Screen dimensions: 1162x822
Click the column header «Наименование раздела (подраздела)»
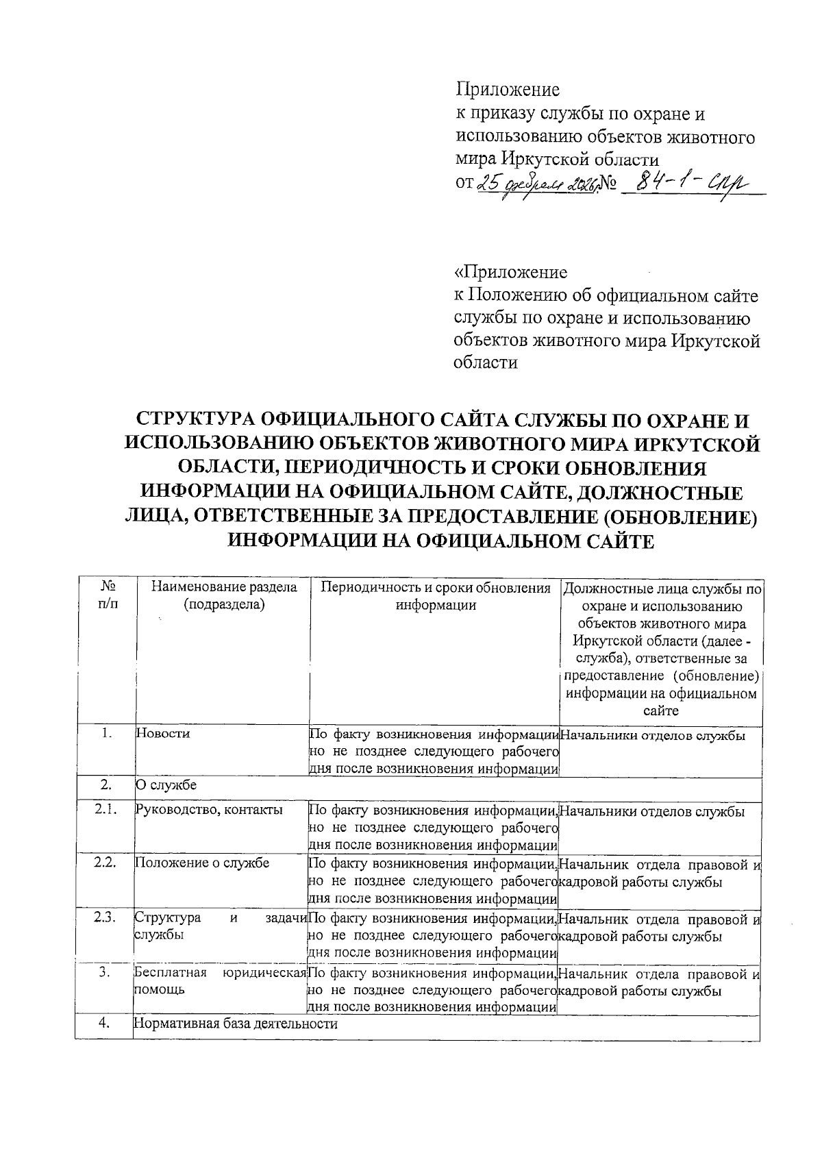(x=224, y=595)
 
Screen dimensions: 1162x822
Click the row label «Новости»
(x=163, y=733)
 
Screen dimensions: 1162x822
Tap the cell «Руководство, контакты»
(x=209, y=810)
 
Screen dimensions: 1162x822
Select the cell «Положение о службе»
(x=202, y=862)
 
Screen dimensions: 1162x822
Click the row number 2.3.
(x=105, y=917)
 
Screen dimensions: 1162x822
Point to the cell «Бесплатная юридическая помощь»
(x=219, y=980)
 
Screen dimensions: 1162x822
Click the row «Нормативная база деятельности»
(x=236, y=1024)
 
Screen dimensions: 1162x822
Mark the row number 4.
(x=105, y=1024)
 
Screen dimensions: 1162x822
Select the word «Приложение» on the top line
(x=508, y=90)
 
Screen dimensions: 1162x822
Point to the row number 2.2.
(x=105, y=862)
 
